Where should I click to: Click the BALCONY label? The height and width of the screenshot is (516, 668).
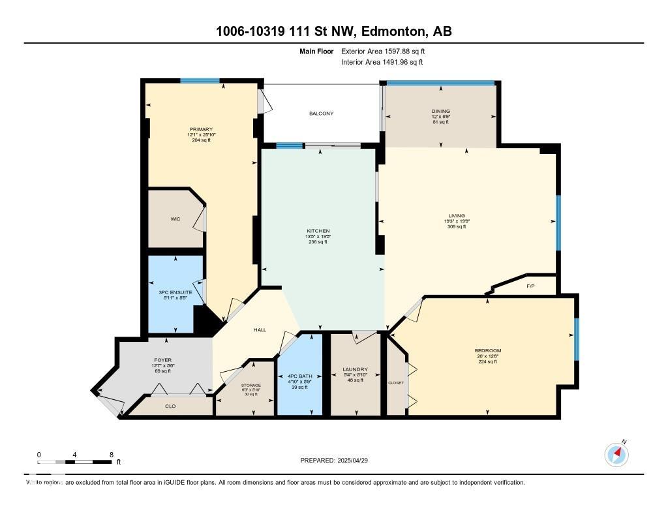321,114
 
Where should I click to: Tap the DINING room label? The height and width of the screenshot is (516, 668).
440,112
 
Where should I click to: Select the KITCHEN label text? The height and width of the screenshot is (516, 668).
318,231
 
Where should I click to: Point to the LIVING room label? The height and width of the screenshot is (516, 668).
456,215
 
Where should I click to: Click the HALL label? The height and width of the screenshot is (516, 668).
260,330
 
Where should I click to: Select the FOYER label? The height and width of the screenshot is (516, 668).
162,359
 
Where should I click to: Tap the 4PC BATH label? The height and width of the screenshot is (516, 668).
300,376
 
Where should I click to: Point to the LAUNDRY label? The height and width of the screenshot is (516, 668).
355,370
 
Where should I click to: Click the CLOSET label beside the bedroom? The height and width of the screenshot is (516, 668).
396,382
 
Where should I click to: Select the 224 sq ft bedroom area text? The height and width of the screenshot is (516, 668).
488,361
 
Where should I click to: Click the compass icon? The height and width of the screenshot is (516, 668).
616,454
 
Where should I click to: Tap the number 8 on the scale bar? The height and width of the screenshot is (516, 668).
112,455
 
